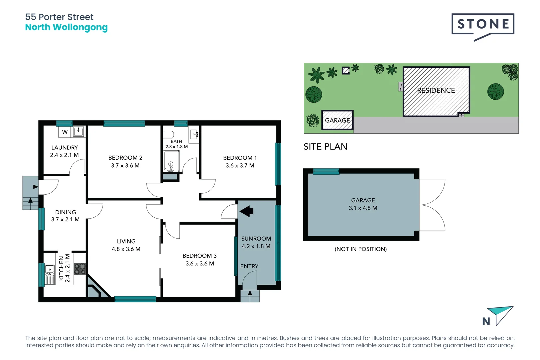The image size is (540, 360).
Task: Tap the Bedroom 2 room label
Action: (x=125, y=158)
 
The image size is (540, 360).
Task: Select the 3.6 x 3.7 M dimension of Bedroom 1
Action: (x=240, y=165)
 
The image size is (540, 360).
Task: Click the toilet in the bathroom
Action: (x=169, y=134)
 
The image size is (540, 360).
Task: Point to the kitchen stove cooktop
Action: (x=80, y=269)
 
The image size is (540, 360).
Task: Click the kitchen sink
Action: (x=50, y=269)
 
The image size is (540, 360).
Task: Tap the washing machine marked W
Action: (x=65, y=132)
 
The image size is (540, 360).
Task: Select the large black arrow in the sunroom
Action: (x=247, y=211)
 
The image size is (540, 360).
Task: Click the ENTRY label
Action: (x=249, y=266)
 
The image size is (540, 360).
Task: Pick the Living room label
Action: (x=126, y=241)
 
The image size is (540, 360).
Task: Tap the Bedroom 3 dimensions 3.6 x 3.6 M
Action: (x=200, y=263)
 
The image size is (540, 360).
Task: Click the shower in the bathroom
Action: (x=171, y=161)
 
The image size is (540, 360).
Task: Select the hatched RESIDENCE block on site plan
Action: (x=436, y=91)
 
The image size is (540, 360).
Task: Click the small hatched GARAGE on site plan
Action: (x=337, y=120)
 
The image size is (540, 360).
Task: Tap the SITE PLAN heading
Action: (x=325, y=147)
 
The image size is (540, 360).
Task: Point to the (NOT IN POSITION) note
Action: (x=361, y=249)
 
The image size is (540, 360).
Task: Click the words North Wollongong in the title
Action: (x=66, y=27)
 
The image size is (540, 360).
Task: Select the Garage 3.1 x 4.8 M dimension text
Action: (x=363, y=208)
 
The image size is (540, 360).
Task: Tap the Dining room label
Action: (x=65, y=212)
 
